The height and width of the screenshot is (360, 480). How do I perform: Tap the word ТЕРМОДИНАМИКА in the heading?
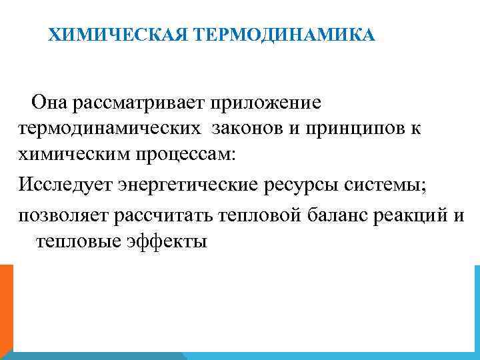tap(285, 34)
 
